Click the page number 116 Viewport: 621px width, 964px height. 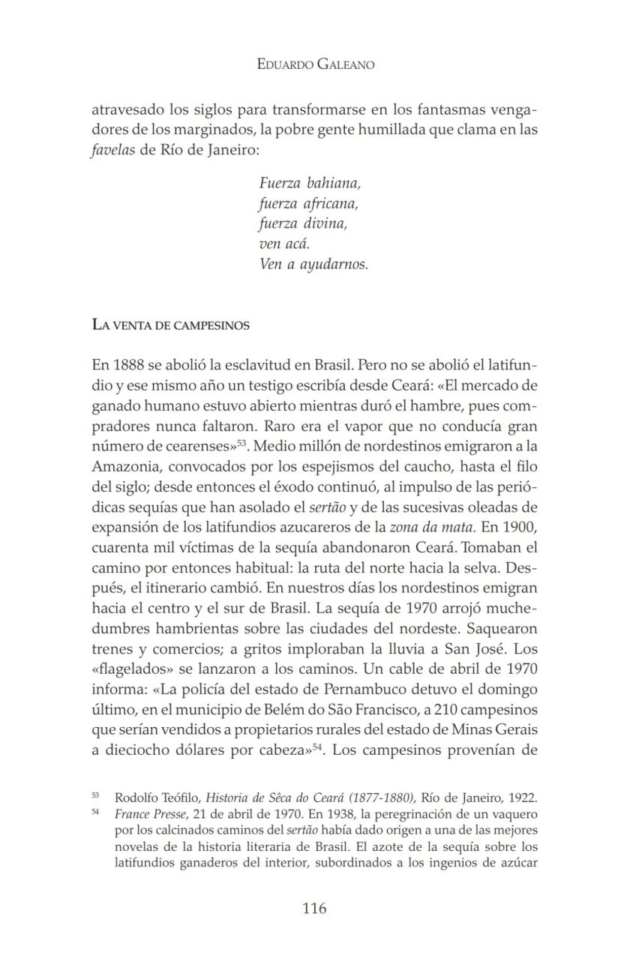click(x=314, y=909)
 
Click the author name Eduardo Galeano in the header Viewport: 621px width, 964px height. click(x=315, y=64)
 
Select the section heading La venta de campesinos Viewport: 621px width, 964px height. click(x=170, y=325)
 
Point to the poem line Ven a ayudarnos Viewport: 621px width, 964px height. click(x=313, y=264)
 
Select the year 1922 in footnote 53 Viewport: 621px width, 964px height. click(x=523, y=797)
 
